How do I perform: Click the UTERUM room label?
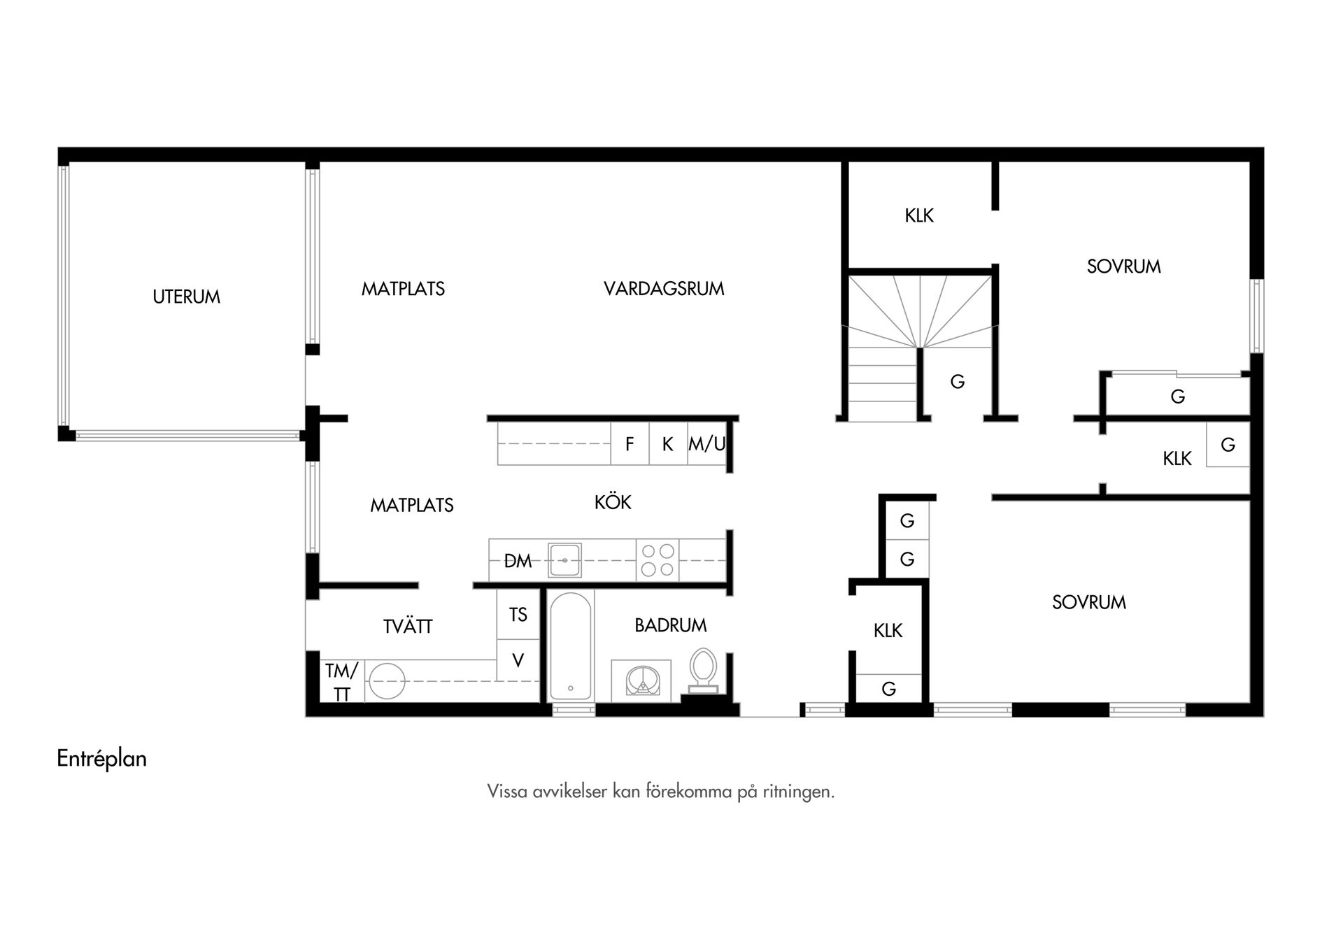coord(186,297)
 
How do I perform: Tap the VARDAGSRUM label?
coord(664,288)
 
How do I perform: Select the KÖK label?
coord(613,501)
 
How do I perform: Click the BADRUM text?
coord(671,625)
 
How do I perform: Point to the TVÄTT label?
coord(408,626)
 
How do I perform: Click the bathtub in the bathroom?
coord(571,645)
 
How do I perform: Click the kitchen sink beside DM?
coord(564,560)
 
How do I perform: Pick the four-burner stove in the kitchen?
coord(658,560)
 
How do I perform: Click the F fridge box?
coord(630,444)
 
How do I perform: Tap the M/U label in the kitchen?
coord(707,444)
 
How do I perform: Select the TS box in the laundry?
coord(518,614)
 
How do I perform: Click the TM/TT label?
coord(341,682)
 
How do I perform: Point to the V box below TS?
coord(518,660)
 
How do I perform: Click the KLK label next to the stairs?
coord(919,215)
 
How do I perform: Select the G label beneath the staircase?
coord(958,382)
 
